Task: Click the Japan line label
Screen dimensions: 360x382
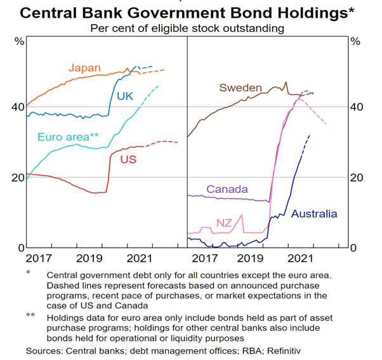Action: [84, 67]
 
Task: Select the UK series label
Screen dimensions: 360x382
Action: [125, 96]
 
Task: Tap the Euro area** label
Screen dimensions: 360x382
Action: [68, 137]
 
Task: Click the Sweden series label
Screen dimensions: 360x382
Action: [240, 87]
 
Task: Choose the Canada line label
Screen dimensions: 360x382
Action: [227, 189]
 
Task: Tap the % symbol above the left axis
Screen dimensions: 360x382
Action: [19, 41]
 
